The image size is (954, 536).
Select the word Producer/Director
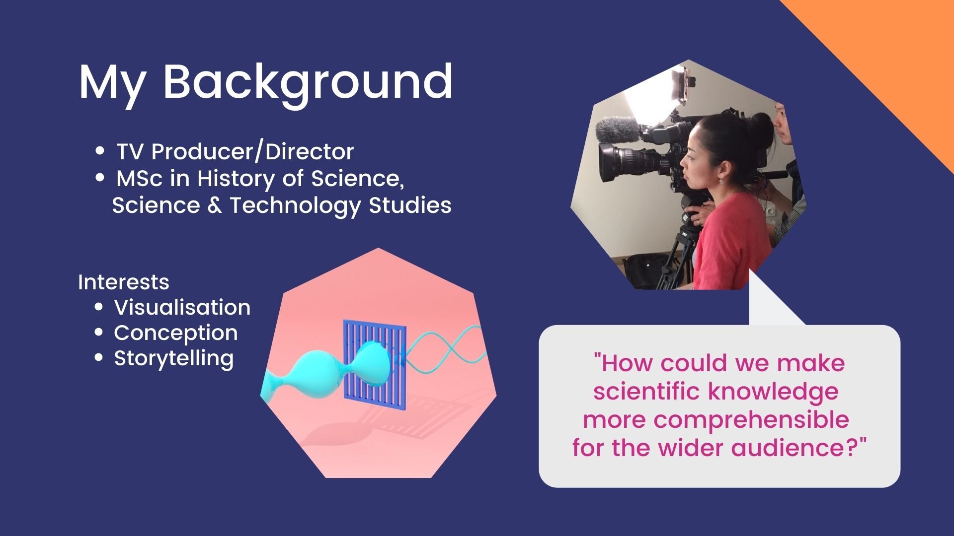coord(252,151)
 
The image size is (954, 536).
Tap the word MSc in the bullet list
coord(140,179)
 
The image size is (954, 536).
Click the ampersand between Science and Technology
coord(214,205)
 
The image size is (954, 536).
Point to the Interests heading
coord(124,282)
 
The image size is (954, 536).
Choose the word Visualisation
coord(182,307)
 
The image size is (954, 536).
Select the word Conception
coord(176,333)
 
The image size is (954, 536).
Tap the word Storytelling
coord(174,358)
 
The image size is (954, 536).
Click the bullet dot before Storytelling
coord(99,358)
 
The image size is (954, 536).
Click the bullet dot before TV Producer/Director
coord(100,150)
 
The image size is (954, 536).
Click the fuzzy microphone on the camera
coord(618,129)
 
